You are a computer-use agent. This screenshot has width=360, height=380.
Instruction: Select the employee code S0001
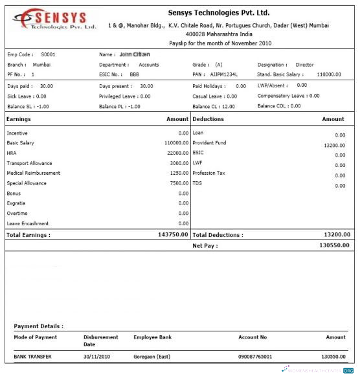(x=48, y=55)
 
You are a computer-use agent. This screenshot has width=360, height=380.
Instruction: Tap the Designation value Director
(x=304, y=65)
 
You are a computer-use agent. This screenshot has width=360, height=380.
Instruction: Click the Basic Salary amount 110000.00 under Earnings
(x=173, y=142)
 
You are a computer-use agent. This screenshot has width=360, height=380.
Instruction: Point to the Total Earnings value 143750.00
(x=173, y=234)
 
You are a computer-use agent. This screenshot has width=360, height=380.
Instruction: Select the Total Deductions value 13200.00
(x=336, y=234)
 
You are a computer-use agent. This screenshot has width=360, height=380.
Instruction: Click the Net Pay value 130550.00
(x=334, y=245)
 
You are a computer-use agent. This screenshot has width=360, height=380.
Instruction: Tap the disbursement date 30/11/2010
(x=98, y=357)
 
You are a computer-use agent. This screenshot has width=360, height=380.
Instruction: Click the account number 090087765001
(x=255, y=357)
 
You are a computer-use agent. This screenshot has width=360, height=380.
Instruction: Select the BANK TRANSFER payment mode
(x=33, y=357)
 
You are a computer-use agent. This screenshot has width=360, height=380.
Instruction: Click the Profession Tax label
(x=209, y=173)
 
